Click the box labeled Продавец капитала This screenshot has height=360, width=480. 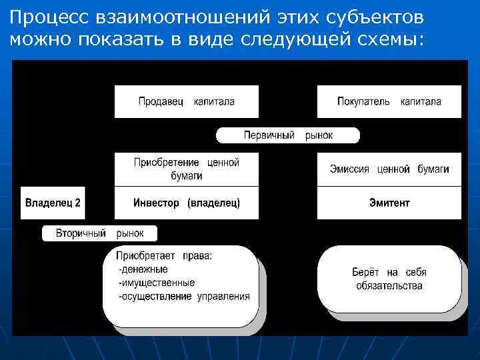pyautogui.click(x=186, y=102)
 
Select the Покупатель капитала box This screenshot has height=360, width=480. pyautogui.click(x=389, y=102)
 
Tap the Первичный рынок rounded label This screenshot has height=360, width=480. pyautogui.click(x=287, y=135)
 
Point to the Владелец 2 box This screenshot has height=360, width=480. pyautogui.click(x=53, y=203)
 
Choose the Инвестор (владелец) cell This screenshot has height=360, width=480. pyautogui.click(x=186, y=203)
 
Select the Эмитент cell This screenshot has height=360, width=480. pyautogui.click(x=389, y=203)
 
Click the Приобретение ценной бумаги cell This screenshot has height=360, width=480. pyautogui.click(x=186, y=169)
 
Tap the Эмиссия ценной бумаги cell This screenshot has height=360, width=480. pyautogui.click(x=389, y=169)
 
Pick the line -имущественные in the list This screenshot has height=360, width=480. pyautogui.click(x=156, y=283)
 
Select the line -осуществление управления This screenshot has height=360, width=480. pyautogui.click(x=184, y=297)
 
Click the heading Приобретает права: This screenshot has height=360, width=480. pyautogui.click(x=164, y=255)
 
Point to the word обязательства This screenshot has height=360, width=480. pyautogui.click(x=389, y=286)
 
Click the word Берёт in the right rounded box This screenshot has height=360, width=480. pyautogui.click(x=365, y=272)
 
